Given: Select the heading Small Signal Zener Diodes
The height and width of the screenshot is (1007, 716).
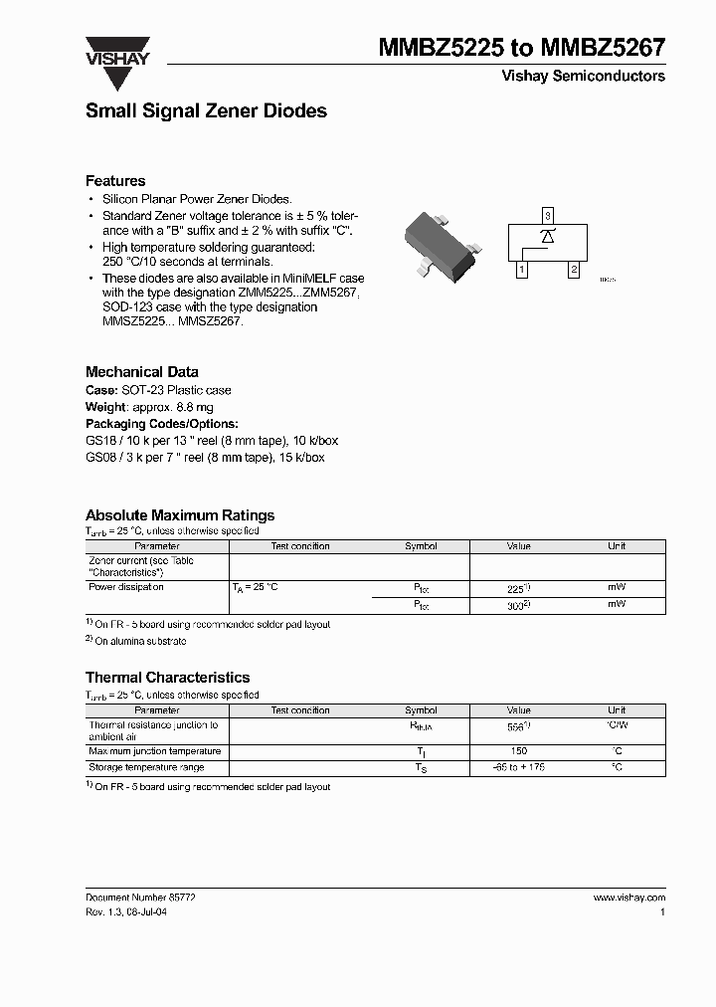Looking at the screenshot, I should point(206,111).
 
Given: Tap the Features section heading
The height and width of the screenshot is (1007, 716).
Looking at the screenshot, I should point(115,181).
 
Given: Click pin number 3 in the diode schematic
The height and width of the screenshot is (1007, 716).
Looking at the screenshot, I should point(547,215).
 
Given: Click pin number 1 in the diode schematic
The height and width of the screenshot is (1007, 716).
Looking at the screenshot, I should point(521,269).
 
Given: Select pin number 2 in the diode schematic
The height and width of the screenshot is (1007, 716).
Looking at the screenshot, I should point(573,269).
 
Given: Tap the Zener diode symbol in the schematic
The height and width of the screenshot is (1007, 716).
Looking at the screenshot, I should point(547,236).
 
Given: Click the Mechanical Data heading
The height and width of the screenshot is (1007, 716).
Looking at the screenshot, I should point(141,372).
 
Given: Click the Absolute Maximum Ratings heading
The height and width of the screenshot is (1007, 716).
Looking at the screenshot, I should point(180,515).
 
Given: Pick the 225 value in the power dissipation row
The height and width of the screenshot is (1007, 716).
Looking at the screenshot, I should point(516,589).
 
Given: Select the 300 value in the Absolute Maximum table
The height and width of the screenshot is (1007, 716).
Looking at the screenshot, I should point(516,605).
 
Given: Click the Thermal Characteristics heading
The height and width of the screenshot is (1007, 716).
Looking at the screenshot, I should point(167,678).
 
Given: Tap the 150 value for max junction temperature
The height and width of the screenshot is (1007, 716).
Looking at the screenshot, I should point(518,752).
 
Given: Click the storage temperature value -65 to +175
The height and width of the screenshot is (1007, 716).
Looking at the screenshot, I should point(518,768).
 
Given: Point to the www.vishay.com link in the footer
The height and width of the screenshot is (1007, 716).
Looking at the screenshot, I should point(628,898).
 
